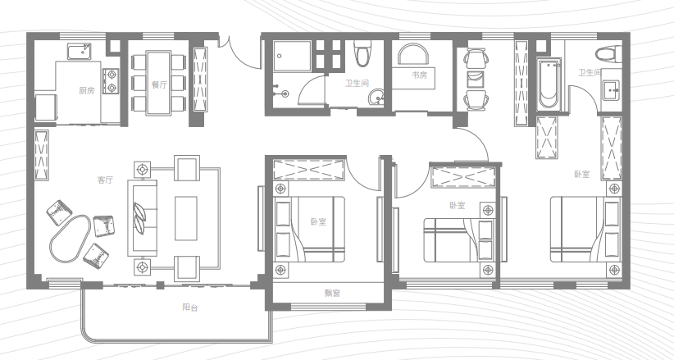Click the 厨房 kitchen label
86,91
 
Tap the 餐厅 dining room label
159,84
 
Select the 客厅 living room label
105,180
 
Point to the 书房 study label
420,75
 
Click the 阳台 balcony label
190,308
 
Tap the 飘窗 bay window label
332,294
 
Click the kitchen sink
80,51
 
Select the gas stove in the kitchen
112,81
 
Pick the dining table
158,83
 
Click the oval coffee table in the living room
70,238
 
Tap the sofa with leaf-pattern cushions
142,217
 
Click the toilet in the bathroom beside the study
362,53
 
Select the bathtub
549,84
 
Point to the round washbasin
377,97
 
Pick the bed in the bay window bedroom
310,229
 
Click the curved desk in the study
413,55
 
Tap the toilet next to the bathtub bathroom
608,55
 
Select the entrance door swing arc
240,55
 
